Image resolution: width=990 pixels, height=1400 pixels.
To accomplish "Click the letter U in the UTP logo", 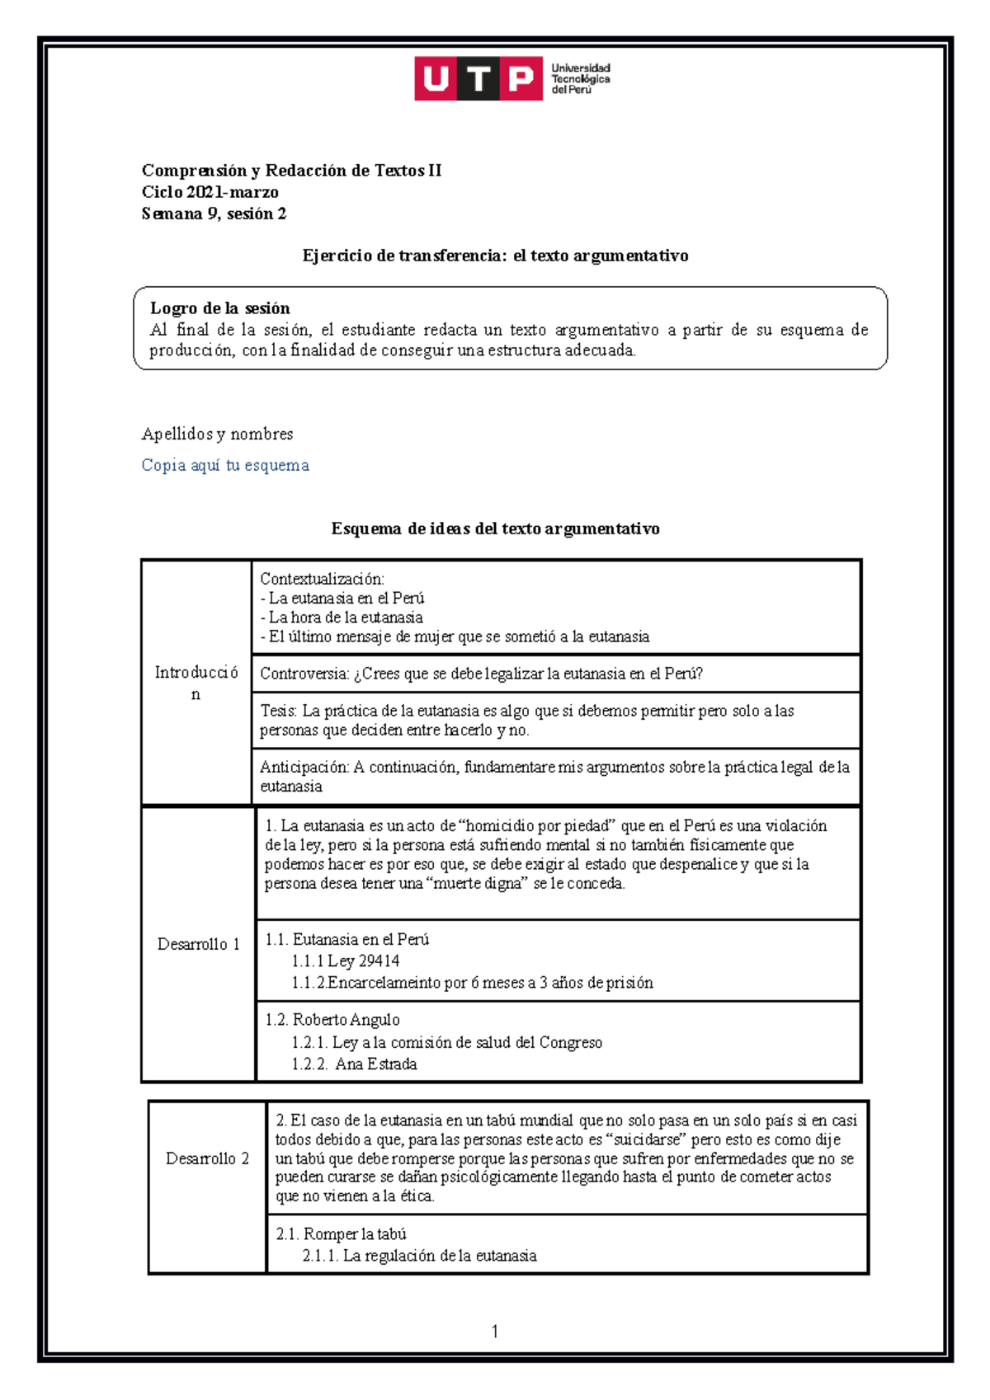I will [436, 79].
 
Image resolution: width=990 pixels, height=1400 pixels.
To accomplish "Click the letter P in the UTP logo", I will [521, 79].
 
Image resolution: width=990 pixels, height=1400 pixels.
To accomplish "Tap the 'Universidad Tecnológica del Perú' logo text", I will [580, 79].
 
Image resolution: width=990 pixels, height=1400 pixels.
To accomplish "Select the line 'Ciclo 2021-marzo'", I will [210, 192].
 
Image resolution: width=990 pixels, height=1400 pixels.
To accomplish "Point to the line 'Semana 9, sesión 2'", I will [214, 214].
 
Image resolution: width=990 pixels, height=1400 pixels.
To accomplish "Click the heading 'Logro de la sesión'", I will [219, 308].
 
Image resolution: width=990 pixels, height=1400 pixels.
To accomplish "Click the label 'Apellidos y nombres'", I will [217, 434].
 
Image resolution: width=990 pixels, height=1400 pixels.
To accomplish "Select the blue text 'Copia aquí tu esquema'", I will [225, 465].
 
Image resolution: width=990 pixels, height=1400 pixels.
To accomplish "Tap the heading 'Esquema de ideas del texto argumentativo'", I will [495, 529].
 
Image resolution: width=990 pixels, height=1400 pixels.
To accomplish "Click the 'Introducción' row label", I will [196, 682].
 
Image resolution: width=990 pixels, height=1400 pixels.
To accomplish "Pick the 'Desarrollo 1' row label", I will [198, 944].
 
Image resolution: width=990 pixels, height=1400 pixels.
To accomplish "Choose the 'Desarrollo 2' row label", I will [207, 1158].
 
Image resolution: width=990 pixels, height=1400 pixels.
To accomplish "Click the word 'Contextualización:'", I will [322, 579].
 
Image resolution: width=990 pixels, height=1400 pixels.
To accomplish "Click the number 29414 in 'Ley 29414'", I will [379, 961].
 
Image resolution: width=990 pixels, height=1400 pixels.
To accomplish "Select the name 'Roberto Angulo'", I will [346, 1020].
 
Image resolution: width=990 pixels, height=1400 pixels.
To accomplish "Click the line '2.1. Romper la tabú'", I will [341, 1234].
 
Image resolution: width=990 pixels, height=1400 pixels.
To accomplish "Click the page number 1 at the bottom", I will [494, 1332].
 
